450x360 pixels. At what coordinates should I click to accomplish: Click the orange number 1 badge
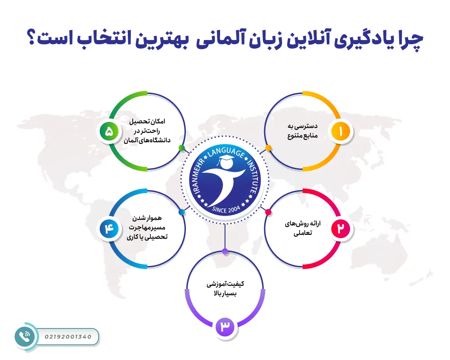coord(341,131)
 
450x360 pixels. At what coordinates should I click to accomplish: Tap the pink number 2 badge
coord(341,229)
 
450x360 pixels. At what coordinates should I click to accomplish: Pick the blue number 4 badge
coord(109,229)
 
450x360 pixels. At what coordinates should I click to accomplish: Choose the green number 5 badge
coord(109,131)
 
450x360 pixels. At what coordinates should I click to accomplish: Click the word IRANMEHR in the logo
coord(197,173)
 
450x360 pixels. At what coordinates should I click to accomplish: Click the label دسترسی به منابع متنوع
coord(302,131)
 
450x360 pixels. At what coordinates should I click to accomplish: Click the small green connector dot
coord(181,148)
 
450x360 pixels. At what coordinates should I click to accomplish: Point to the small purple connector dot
coord(225,251)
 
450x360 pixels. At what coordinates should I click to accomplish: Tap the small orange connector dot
coord(268,148)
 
